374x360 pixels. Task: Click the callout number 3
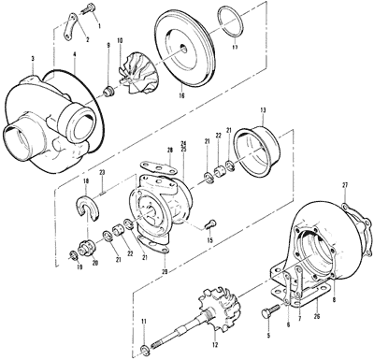[34, 59]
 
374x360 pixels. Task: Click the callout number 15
[210, 240]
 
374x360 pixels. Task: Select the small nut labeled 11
[143, 349]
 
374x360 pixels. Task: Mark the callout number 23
[102, 174]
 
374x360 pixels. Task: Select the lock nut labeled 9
[109, 91]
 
